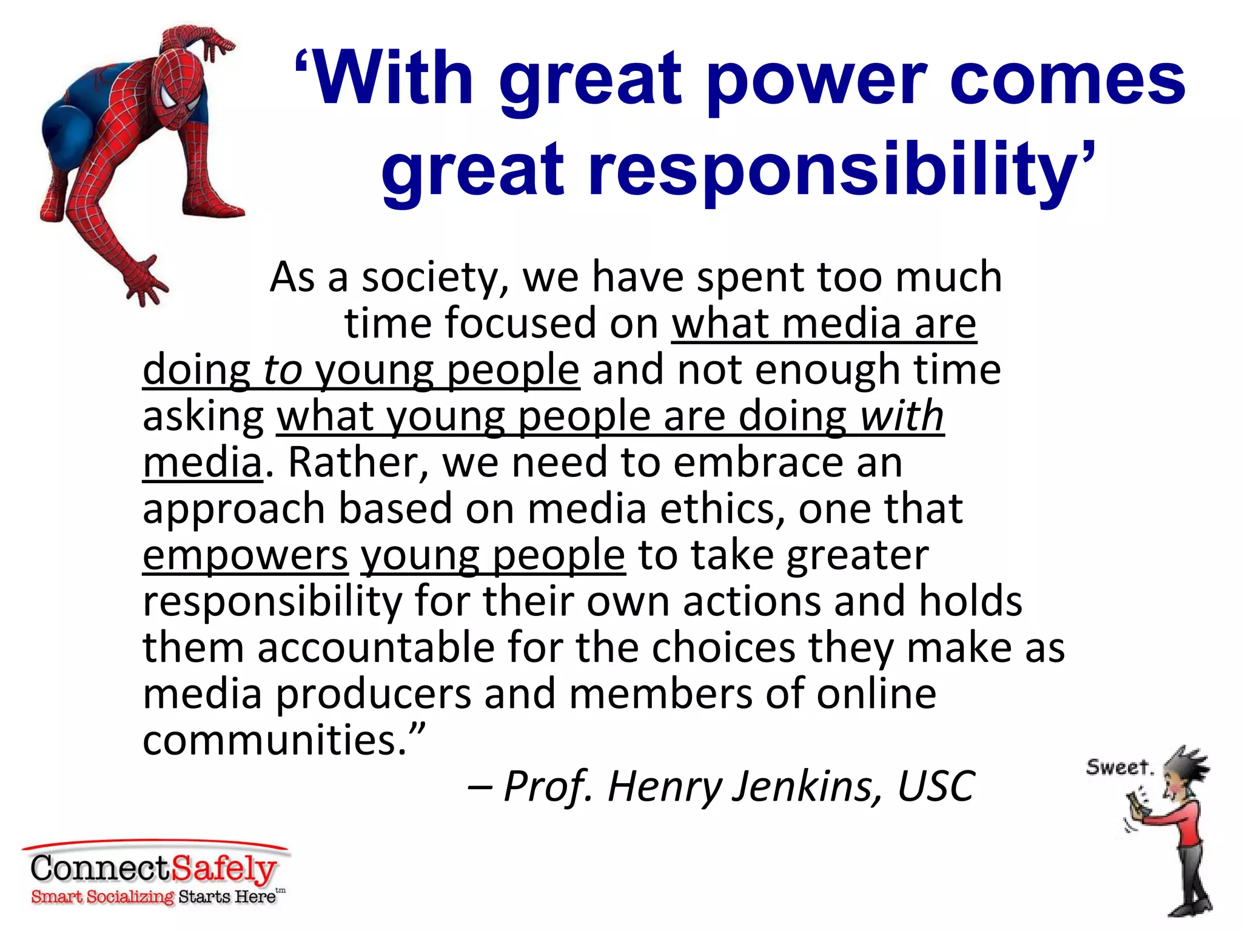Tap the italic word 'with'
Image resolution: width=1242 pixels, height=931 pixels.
pos(902,416)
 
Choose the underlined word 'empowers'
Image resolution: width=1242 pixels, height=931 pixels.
pos(245,555)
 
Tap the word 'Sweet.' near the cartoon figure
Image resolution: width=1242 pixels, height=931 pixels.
pos(1119,767)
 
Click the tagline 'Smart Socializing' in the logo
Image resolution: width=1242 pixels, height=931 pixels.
pos(102,897)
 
